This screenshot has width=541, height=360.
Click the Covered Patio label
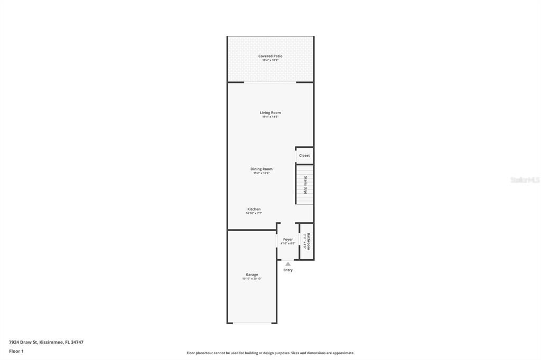270,56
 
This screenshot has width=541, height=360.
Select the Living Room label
270,112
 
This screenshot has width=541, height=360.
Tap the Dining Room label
261,169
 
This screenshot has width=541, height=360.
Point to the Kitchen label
254,209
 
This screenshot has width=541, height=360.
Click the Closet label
304,156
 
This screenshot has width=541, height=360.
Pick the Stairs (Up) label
305,184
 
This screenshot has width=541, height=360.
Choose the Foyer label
288,239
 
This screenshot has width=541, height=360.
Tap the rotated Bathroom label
309,241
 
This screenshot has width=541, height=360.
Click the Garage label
251,274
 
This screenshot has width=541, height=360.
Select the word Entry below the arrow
288,270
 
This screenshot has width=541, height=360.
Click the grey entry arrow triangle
288,263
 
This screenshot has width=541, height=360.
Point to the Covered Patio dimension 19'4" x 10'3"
270,60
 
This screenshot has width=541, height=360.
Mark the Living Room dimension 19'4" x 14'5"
270,117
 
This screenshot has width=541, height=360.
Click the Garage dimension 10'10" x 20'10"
251,279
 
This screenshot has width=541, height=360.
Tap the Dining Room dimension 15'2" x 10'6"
261,173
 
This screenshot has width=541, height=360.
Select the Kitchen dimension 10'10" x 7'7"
254,213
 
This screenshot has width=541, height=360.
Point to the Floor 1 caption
16,351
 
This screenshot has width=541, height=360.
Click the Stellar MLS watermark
525,180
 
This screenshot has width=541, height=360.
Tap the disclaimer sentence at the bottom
270,353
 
